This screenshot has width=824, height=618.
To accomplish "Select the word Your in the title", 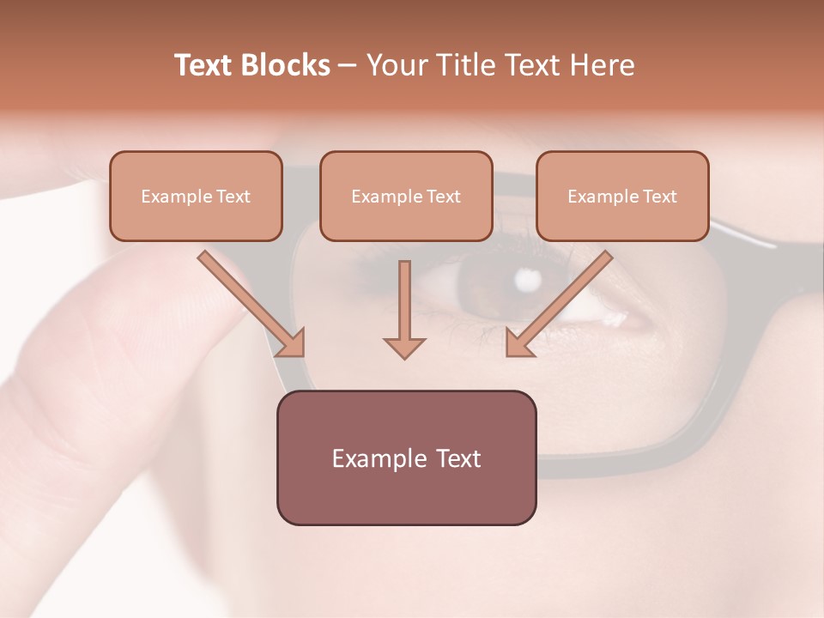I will coord(397,65).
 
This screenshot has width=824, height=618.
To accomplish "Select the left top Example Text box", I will coord(196,196).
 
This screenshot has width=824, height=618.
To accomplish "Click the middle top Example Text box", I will coord(406,196).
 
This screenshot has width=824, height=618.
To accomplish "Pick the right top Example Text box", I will coord(622,196).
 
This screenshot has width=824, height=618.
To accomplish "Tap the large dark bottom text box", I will coord(406,457).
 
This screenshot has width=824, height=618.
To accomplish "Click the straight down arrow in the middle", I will coord(404,305).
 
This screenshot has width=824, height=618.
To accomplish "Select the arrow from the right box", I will coord(562,300).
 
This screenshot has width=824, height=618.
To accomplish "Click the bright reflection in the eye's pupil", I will coord(526,278).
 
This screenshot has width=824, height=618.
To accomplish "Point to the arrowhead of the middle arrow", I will coord(404,347).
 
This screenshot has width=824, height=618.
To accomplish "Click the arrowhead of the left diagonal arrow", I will coord(292,343).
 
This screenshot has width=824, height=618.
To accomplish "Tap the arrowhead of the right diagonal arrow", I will coord(518,343).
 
